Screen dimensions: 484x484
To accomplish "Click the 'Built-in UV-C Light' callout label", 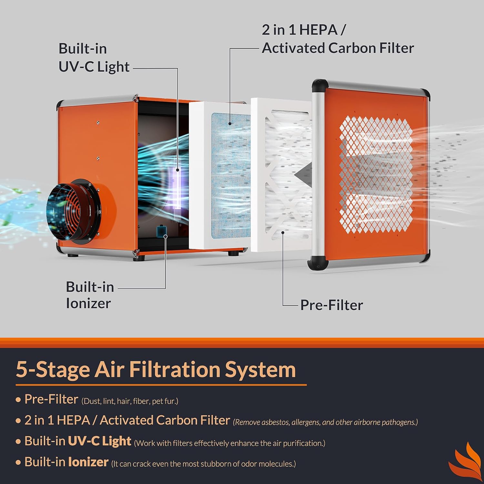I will (x=94, y=58).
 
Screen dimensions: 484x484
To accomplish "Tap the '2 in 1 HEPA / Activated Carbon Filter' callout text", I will (x=337, y=39).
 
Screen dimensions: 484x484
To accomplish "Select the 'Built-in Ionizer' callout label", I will (x=89, y=295).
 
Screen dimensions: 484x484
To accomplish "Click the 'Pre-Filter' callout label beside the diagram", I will (x=331, y=305).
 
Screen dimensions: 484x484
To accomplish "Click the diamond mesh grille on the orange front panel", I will (x=376, y=174).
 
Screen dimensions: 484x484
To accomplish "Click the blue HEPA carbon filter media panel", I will (x=230, y=176).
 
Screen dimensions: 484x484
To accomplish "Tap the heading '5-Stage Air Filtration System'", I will (x=156, y=369).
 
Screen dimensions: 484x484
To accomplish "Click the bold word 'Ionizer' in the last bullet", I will (x=88, y=462).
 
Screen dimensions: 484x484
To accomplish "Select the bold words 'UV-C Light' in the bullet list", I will (x=100, y=441).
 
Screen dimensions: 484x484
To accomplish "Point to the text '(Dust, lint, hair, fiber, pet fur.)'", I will (x=130, y=401).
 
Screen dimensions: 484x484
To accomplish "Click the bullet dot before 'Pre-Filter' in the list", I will (x=18, y=400).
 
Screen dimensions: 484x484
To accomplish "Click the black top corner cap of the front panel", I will (x=320, y=85).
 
